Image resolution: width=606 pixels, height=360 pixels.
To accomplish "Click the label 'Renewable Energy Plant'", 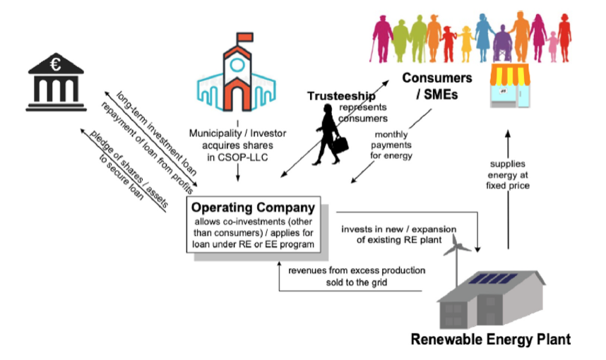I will click(491, 340).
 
